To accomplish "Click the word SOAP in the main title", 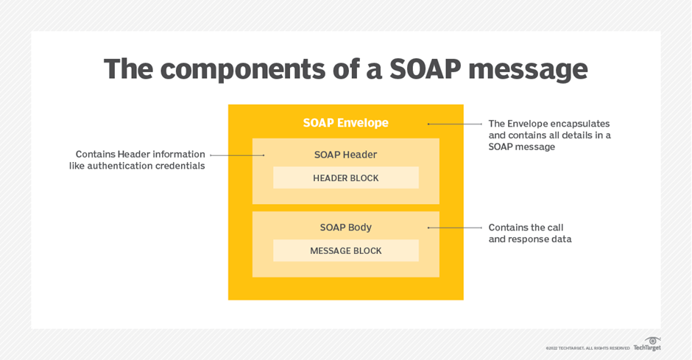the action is click(425, 69).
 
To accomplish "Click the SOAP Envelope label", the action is click(345, 123).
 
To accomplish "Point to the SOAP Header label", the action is click(345, 155).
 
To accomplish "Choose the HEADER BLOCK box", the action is click(345, 178).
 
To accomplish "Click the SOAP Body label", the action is click(345, 227).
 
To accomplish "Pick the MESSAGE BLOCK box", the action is click(345, 250).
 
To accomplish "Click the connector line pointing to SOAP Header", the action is click(237, 155).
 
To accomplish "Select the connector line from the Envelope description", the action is click(454, 124).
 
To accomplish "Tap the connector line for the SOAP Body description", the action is click(454, 227).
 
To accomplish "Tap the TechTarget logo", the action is click(647, 344).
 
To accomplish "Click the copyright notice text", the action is click(587, 348).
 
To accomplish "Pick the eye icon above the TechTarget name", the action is click(652, 341).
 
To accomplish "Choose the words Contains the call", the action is click(526, 227).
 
